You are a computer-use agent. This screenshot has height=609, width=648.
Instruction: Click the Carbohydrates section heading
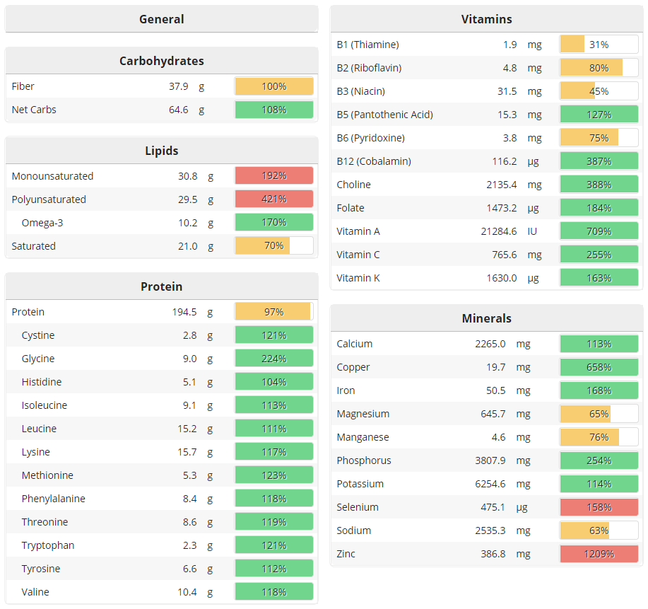(x=161, y=61)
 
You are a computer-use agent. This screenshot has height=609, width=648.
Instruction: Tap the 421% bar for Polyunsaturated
(x=273, y=199)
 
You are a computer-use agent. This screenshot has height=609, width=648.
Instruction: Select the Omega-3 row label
(x=42, y=223)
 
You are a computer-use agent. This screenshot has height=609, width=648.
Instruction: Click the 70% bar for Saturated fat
(x=273, y=246)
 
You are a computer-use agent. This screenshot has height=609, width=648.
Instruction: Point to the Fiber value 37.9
(x=178, y=86)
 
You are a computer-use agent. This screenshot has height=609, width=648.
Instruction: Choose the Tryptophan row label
(x=47, y=545)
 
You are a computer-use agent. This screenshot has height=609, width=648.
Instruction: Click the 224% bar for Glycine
(x=273, y=359)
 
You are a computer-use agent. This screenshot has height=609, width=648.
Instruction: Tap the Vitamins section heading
(x=486, y=19)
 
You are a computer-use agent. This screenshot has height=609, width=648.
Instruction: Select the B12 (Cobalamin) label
(x=373, y=161)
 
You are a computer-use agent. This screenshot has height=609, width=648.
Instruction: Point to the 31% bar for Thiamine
(x=599, y=45)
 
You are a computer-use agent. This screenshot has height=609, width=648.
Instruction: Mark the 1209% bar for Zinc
(x=599, y=554)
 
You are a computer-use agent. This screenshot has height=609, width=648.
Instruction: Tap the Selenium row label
(x=358, y=507)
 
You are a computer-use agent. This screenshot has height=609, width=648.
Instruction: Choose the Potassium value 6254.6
(x=490, y=484)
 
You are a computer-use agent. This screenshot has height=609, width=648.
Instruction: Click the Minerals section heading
(x=486, y=318)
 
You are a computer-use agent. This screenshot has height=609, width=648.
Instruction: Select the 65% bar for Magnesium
(x=599, y=414)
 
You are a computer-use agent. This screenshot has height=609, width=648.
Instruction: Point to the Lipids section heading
(x=161, y=151)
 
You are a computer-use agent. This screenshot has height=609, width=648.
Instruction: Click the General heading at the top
(x=161, y=19)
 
